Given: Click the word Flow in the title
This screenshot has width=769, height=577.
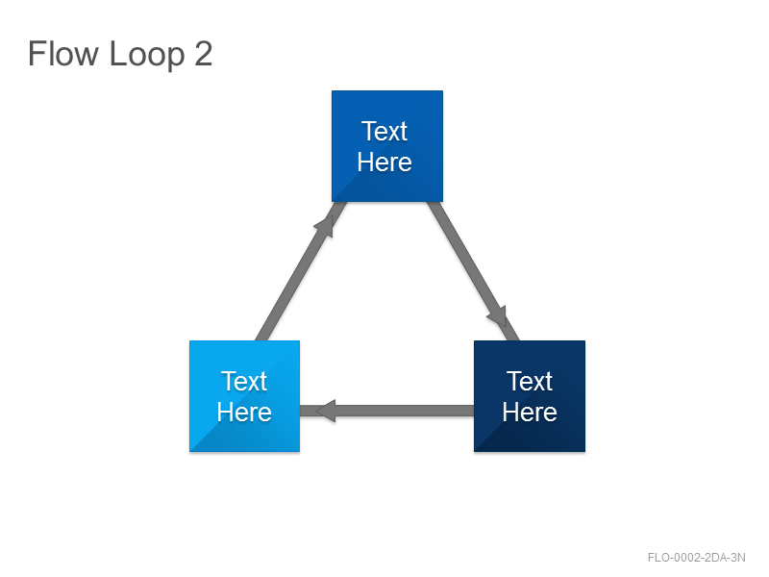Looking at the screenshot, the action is click(63, 53).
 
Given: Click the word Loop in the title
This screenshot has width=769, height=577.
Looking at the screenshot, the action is click(147, 56).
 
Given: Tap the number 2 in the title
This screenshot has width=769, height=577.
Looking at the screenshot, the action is click(204, 54).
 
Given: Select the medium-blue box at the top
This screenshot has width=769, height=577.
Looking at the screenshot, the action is click(387, 146).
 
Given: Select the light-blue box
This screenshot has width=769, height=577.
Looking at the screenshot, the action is click(245, 396).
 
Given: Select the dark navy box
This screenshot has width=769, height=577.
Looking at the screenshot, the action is click(530, 396).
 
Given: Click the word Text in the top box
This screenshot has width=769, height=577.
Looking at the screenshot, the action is click(384, 131).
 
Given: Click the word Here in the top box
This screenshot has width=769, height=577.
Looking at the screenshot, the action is click(384, 162).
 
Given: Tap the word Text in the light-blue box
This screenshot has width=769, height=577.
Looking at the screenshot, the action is click(244, 381).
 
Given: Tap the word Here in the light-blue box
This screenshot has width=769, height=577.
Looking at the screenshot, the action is click(244, 412).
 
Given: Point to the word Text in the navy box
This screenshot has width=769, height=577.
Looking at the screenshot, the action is click(530, 381).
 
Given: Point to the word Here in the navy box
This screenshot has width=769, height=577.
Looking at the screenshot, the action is click(530, 412).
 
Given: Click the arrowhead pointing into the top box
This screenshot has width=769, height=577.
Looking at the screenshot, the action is click(326, 226).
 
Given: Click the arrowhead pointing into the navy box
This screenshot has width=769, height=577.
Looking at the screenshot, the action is click(497, 316).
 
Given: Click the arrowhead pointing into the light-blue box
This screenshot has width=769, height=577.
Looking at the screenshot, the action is click(326, 411).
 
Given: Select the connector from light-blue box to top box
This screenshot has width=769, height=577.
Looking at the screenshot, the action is click(301, 271).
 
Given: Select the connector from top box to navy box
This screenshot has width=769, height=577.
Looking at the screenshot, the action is click(473, 271).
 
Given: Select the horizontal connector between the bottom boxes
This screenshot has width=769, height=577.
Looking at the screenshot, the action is click(387, 411).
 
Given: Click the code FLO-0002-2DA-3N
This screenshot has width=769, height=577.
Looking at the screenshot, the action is click(696, 558).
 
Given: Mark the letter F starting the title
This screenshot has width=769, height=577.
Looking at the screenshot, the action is click(37, 53).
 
